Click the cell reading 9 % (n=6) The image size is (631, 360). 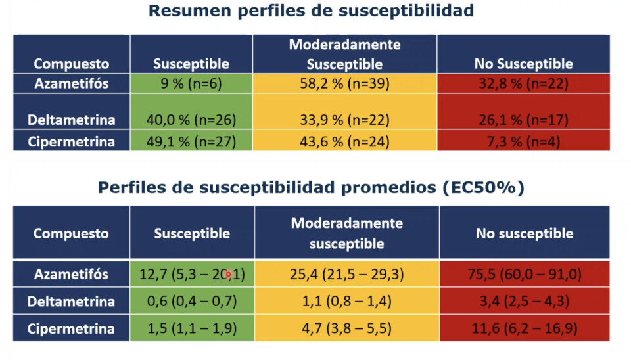tap(191, 83)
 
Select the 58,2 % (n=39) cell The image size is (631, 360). tap(344, 83)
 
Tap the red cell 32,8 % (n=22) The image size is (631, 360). tap(523, 83)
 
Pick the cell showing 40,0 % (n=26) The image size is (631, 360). tap(191, 120)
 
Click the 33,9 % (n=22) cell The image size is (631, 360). tap(344, 120)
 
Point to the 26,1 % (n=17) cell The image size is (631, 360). tap(523, 120)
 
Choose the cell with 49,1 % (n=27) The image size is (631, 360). tap(191, 141)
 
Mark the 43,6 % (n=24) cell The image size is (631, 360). tap(344, 141)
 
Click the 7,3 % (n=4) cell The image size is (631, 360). tap(523, 141)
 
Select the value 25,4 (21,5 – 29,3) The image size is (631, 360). tap(346, 275)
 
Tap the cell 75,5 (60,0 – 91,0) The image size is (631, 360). tap(524, 275)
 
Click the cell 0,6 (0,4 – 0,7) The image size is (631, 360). tap(191, 302)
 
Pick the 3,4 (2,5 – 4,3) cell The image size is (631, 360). tap(524, 302)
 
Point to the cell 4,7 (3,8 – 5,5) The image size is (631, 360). tap(346, 329)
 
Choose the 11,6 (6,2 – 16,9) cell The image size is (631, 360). tap(524, 329)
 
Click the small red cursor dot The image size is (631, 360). tap(228, 275)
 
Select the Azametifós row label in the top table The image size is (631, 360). tap(71, 83)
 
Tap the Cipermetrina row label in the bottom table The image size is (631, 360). tap(71, 329)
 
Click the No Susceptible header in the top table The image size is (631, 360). tap(523, 64)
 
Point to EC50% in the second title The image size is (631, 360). tap(485, 187)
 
